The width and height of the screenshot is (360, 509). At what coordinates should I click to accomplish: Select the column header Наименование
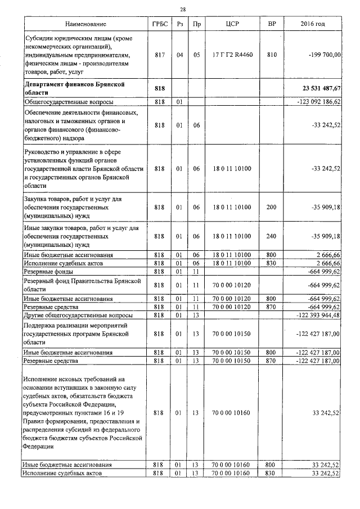(x=85, y=24)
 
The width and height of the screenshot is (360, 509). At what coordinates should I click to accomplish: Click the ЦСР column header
(x=232, y=24)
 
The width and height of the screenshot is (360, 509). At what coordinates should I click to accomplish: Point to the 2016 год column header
(x=313, y=24)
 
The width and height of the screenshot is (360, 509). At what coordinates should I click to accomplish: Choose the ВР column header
(x=272, y=24)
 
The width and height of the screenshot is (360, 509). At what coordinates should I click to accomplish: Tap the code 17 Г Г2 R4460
(x=232, y=55)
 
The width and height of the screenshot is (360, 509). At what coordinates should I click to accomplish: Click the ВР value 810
(x=272, y=55)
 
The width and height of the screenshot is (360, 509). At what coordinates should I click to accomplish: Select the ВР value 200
(x=272, y=208)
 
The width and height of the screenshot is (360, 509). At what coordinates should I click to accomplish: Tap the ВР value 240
(x=272, y=237)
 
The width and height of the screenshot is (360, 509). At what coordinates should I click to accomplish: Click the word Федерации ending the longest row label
(x=39, y=447)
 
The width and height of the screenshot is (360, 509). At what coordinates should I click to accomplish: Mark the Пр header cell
(x=196, y=24)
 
